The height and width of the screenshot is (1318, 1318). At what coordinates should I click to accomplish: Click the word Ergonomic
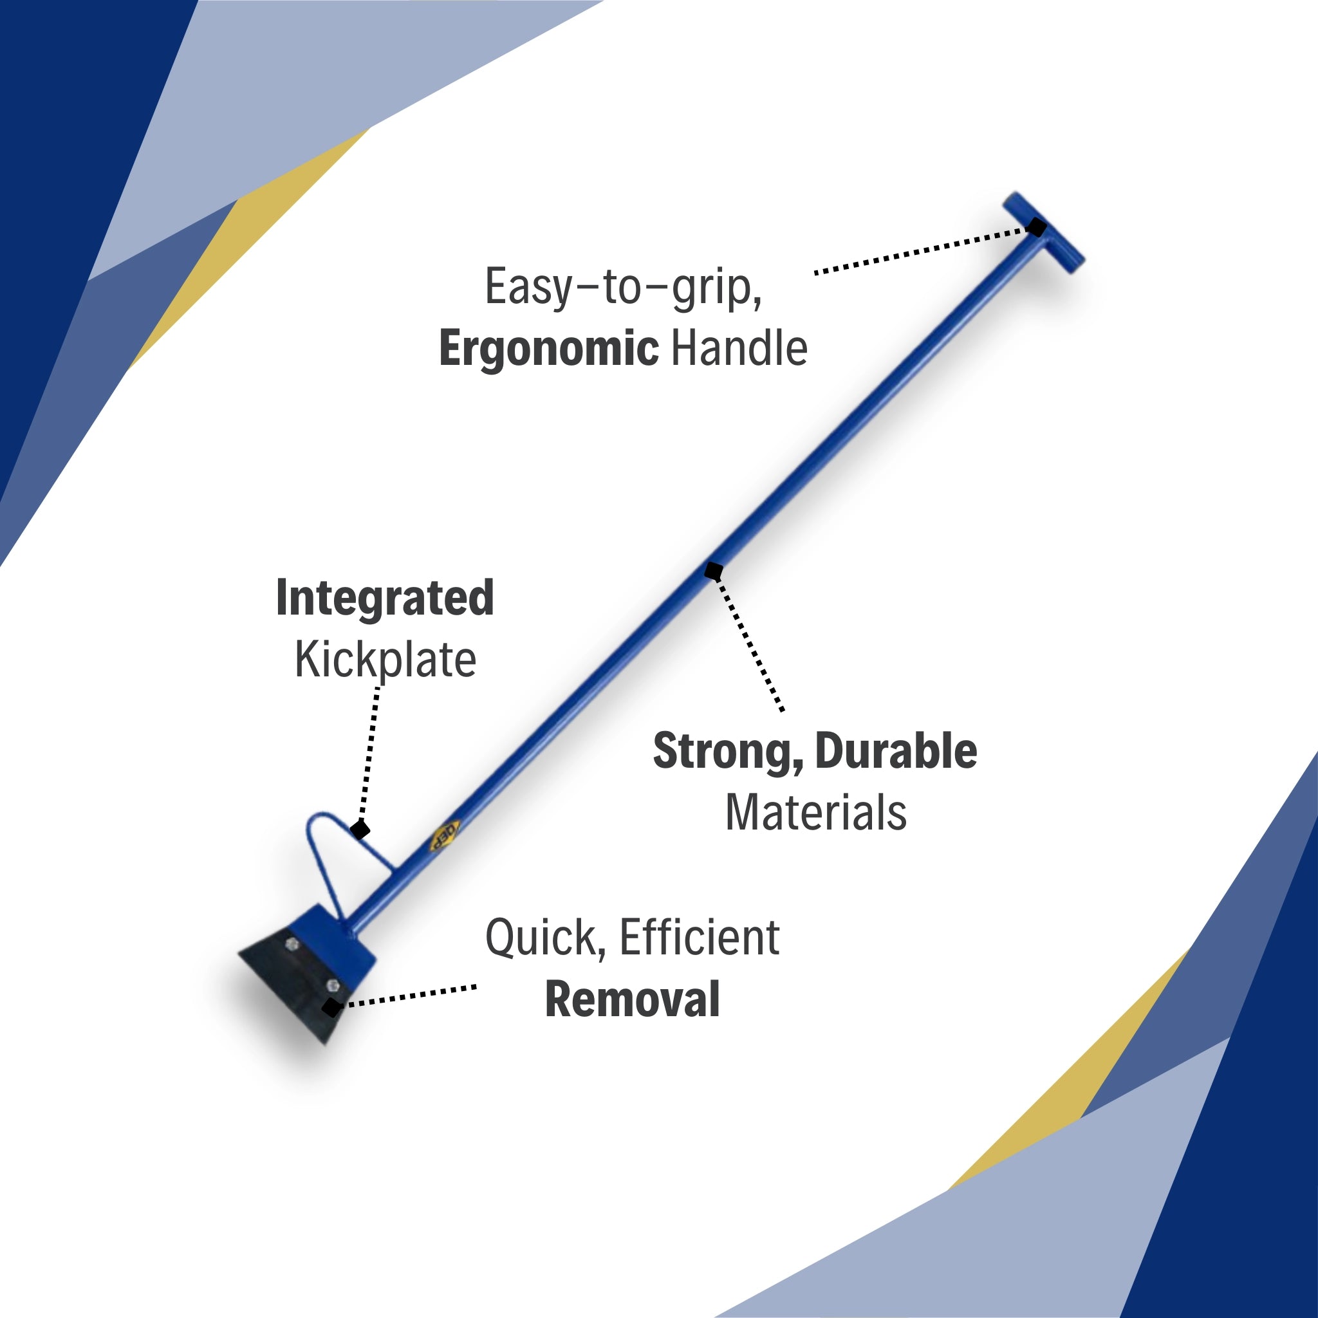coord(548,349)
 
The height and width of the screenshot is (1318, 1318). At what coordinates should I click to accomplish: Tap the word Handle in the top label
coord(739,349)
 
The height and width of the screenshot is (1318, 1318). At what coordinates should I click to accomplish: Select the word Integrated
coord(385,598)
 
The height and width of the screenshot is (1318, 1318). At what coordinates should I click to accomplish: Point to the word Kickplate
coord(385,660)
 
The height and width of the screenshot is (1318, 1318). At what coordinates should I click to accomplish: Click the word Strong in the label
coord(727,751)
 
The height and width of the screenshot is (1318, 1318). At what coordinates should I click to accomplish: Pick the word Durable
coord(896,751)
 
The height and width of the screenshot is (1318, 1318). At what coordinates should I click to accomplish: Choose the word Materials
coord(816,813)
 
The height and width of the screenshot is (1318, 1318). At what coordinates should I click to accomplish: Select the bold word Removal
coord(633,999)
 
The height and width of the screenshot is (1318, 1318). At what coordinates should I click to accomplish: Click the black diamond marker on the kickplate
coord(360,830)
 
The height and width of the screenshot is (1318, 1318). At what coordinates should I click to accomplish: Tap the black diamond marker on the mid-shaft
coord(714,571)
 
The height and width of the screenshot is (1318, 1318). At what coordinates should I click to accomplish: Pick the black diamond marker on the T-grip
coord(1037,227)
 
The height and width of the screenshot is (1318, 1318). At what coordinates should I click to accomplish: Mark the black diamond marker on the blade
coord(331,1007)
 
